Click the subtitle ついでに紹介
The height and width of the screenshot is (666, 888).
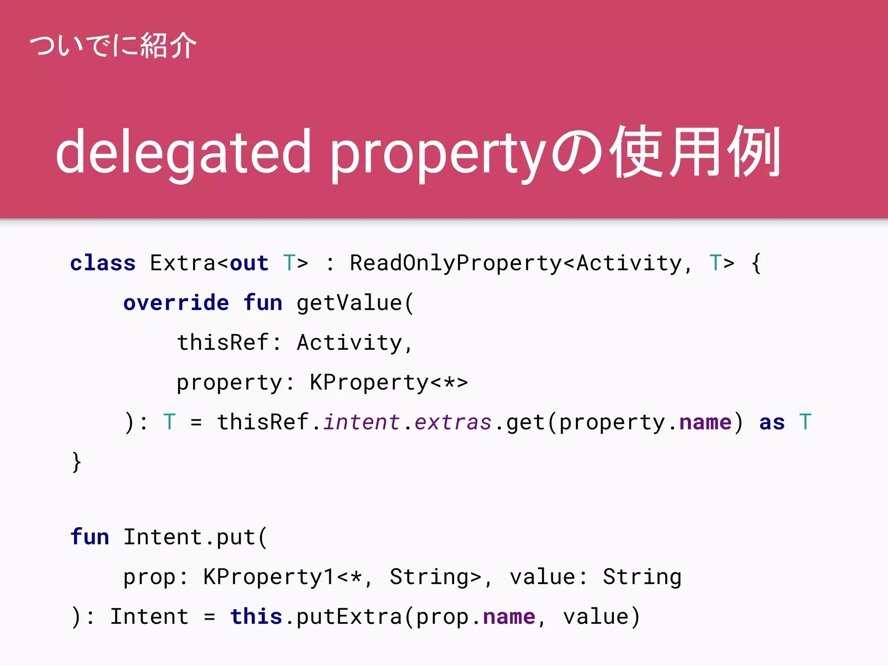coord(113,46)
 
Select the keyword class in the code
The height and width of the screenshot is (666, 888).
coord(103,263)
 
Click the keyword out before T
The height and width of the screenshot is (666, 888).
coord(249,263)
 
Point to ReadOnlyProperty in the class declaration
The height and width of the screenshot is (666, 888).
coord(456,263)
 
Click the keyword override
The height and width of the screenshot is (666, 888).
coord(176,303)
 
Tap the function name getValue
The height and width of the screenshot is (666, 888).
coord(349,303)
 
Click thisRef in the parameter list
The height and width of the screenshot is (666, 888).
coord(223,343)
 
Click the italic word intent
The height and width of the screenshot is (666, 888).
coord(362,422)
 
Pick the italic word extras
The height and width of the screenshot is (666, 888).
coord(453,422)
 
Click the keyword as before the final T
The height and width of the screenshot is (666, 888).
coord(772,422)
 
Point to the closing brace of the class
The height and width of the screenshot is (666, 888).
coord(77,462)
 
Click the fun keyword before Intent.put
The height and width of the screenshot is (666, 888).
coord(90,537)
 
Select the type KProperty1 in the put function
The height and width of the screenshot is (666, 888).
coord(269,577)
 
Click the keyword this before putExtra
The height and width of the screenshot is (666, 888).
coord(256,617)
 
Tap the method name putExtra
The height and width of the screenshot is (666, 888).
coord(349,617)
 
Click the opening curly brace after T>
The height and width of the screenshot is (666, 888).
coord(756,263)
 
